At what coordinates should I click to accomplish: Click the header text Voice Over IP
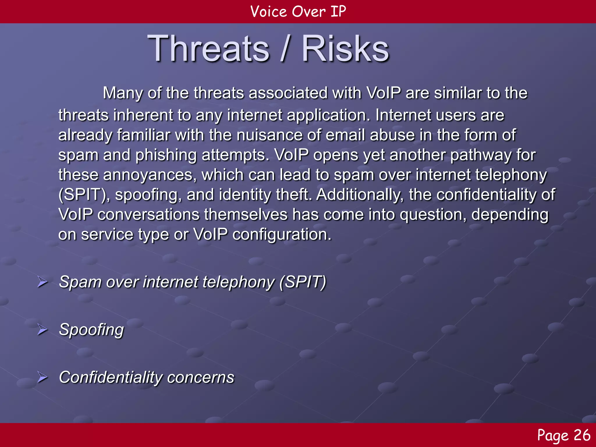pyautogui.click(x=298, y=12)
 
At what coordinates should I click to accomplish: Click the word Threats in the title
pyautogui.click(x=208, y=49)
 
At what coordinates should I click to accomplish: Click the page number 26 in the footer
pyautogui.click(x=582, y=435)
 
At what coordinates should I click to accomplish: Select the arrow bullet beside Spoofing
pyautogui.click(x=42, y=330)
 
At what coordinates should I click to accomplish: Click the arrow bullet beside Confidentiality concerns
pyautogui.click(x=42, y=377)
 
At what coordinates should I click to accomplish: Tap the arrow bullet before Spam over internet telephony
pyautogui.click(x=42, y=282)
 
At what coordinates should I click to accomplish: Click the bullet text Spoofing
pyautogui.click(x=91, y=330)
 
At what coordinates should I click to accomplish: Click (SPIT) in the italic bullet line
pyautogui.click(x=303, y=282)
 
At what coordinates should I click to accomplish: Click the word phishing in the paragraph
pyautogui.click(x=166, y=155)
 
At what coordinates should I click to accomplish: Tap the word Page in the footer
pyautogui.click(x=553, y=435)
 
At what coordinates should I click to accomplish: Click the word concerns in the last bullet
pyautogui.click(x=201, y=377)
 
